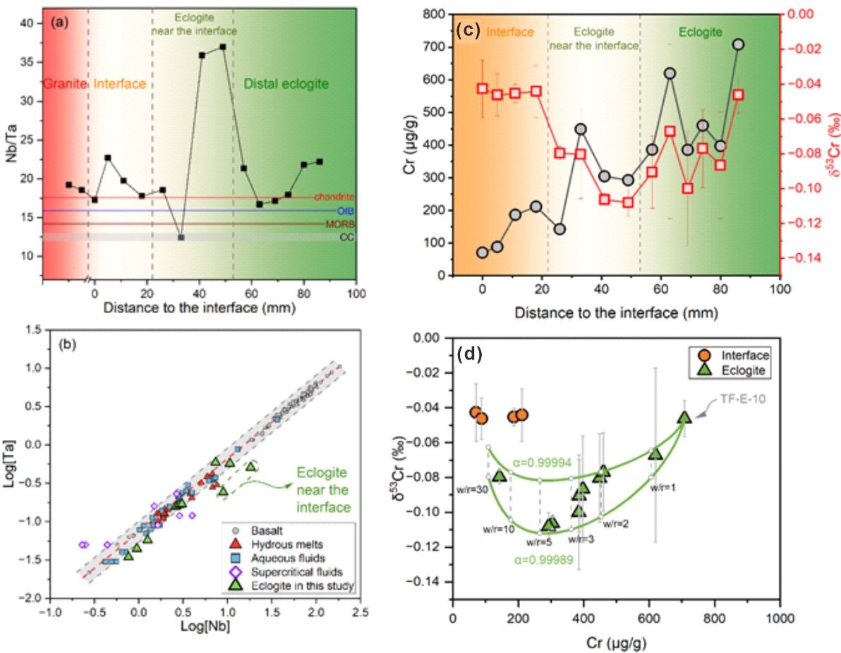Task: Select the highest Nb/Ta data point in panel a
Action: (223, 47)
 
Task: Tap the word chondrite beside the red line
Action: (334, 197)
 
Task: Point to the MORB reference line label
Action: (340, 224)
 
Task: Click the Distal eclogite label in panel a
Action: (286, 85)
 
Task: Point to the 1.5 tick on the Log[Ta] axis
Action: (29, 330)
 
